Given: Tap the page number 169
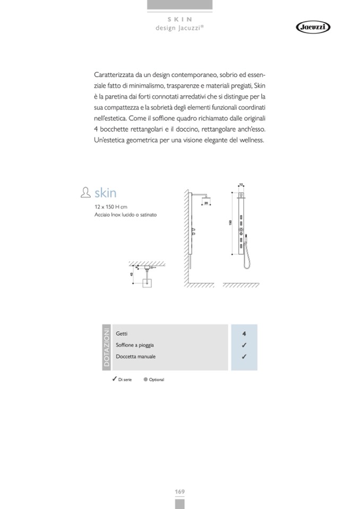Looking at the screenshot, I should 179,491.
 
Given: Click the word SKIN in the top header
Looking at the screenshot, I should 179,19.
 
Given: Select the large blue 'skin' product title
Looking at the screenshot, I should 105,192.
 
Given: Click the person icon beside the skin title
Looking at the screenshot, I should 85,193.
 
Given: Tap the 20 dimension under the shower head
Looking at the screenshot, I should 205,203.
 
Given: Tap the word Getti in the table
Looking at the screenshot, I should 121,333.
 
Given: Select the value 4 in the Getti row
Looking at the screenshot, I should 244,334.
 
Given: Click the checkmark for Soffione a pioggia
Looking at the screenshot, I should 244,345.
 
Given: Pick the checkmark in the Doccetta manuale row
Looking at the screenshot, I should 244,357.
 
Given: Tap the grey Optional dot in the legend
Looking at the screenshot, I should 145,379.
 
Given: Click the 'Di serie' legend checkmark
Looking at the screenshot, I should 114,379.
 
